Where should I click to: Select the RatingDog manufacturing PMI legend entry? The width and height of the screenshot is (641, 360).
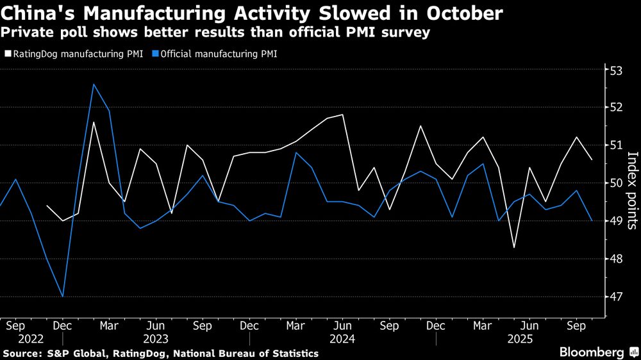click(x=74, y=54)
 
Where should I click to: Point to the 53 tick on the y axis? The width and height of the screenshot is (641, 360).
click(x=615, y=70)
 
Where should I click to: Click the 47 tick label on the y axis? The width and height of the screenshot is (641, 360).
click(x=615, y=297)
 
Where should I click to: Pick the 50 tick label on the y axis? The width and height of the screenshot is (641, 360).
click(x=615, y=183)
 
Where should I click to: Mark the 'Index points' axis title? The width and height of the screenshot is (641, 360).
click(x=631, y=190)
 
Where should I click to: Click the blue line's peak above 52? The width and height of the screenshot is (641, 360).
click(x=94, y=84)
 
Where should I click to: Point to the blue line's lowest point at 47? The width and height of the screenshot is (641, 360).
click(x=63, y=297)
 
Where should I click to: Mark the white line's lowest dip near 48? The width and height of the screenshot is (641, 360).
click(x=514, y=247)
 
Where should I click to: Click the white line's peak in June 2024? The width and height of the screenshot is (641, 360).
click(x=343, y=115)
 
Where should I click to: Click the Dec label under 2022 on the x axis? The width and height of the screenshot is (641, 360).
click(x=63, y=325)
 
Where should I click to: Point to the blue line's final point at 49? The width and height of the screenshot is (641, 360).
click(x=592, y=221)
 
